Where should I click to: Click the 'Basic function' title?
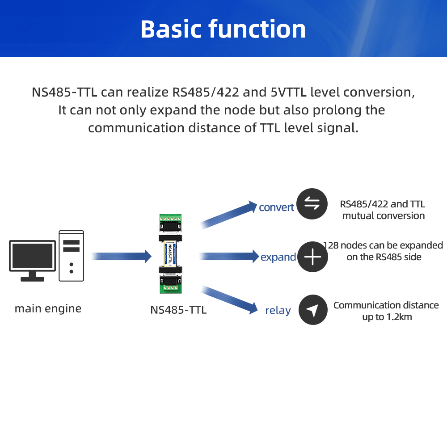[223, 30]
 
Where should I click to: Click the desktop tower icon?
[72, 256]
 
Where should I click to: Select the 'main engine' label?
[48, 308]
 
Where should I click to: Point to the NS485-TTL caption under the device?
[178, 310]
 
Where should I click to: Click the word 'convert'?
[277, 207]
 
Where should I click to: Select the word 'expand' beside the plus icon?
[278, 257]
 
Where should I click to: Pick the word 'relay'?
[278, 311]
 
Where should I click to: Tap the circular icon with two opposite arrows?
[312, 204]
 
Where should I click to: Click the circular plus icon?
[312, 257]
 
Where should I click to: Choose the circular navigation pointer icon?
[312, 310]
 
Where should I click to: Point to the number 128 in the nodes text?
[331, 245]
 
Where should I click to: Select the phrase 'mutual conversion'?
[383, 216]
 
